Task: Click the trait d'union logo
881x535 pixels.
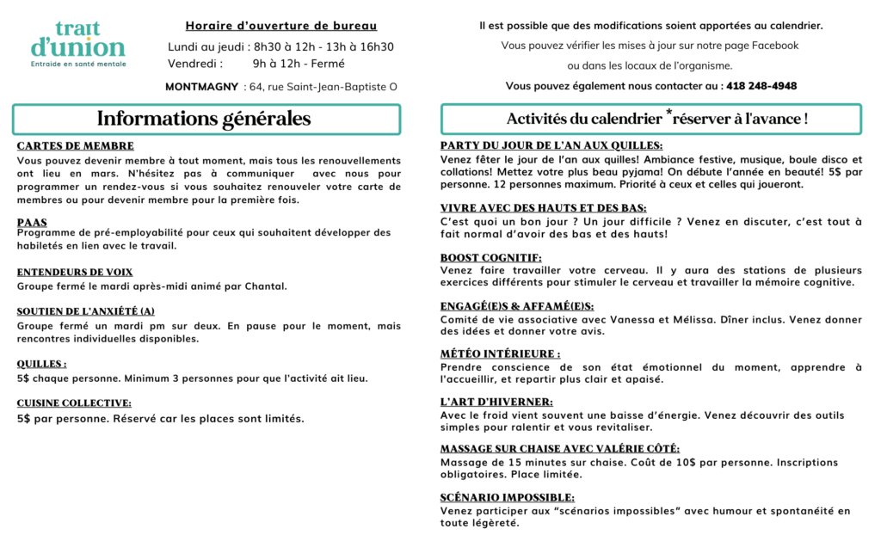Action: coord(77,43)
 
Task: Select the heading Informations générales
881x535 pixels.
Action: coord(204,120)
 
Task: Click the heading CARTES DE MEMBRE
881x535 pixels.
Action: coord(75,146)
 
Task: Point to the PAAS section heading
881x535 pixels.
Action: coord(32,223)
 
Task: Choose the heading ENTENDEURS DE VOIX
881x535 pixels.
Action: coord(75,273)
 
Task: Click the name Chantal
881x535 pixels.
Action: coord(266,286)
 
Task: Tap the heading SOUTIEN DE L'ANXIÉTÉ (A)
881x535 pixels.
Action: coord(86,311)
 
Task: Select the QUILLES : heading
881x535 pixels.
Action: coord(41,364)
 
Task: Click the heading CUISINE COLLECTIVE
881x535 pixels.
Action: coord(74,403)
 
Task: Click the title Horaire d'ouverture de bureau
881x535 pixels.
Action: coord(281,26)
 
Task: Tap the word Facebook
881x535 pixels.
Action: coord(775,46)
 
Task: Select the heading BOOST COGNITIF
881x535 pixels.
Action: coord(490,257)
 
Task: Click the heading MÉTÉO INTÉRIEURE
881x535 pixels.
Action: coord(500,354)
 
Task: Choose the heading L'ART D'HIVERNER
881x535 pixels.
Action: coord(496,402)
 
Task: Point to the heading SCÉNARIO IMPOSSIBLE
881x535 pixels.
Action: coord(508,497)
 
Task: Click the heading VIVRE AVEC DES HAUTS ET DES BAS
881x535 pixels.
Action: coord(543,208)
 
